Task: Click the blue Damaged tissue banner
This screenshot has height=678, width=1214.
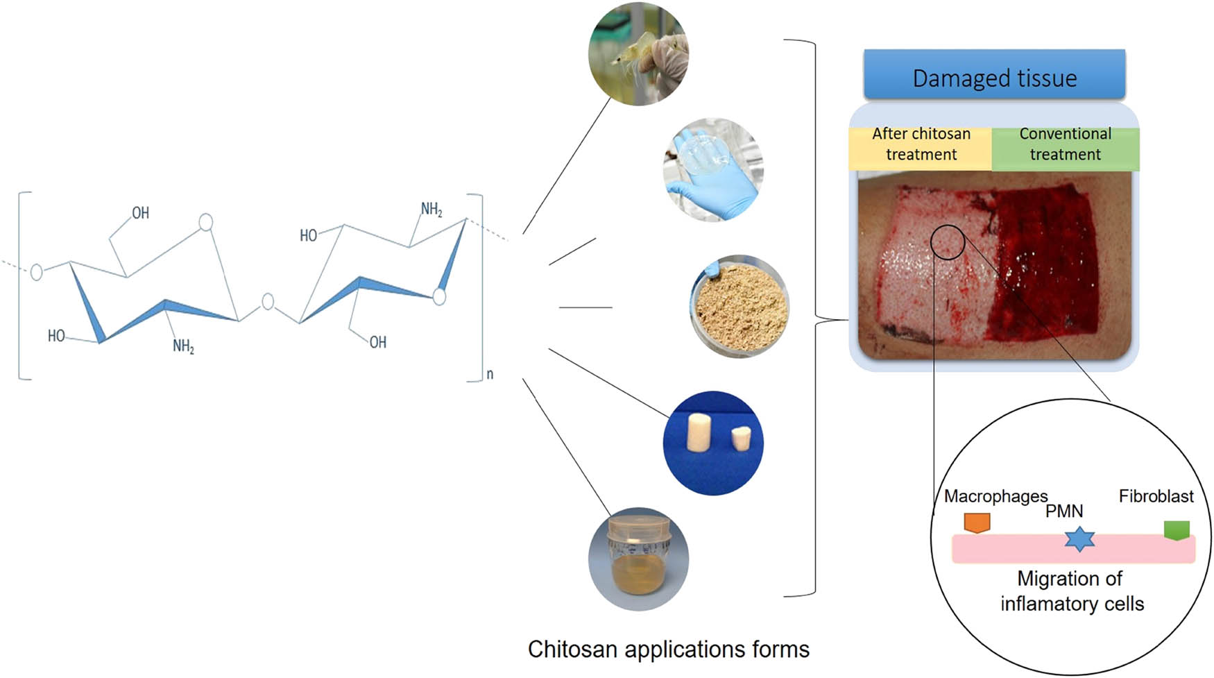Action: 994,77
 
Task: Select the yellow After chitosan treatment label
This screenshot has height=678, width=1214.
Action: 921,144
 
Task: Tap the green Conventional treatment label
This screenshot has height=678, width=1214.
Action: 1065,144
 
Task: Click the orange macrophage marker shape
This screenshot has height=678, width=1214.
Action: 977,523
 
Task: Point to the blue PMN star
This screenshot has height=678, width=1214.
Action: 1079,539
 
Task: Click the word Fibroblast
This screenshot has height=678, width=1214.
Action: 1156,496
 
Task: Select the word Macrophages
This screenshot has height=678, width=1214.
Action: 995,496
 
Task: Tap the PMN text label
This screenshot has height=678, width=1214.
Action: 1064,511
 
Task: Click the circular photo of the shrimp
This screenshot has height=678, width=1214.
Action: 638,54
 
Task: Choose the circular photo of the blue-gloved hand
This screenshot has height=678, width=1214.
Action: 713,169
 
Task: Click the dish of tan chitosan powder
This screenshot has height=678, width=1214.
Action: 741,307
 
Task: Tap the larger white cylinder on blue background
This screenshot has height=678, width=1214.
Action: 696,434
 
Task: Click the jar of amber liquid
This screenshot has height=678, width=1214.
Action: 638,559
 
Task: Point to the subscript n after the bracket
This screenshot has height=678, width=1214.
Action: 490,375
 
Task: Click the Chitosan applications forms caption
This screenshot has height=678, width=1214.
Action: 668,650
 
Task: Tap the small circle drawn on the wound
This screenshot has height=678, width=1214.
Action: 947,242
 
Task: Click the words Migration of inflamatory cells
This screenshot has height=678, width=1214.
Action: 1071,591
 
